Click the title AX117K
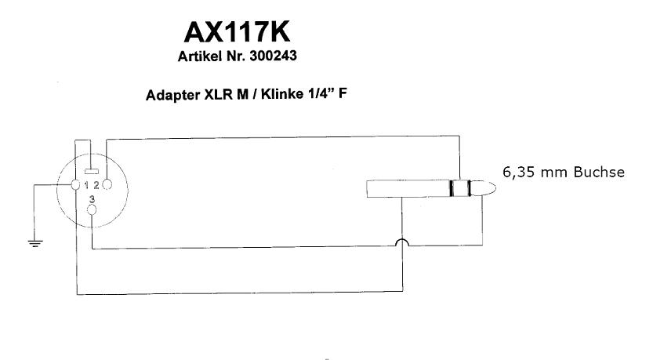237,32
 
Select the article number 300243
273,56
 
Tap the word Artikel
200,56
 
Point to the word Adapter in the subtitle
172,95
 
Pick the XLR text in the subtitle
218,95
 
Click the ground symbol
35,243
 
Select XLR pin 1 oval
75,184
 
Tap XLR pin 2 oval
107,184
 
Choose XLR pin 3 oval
92,209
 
